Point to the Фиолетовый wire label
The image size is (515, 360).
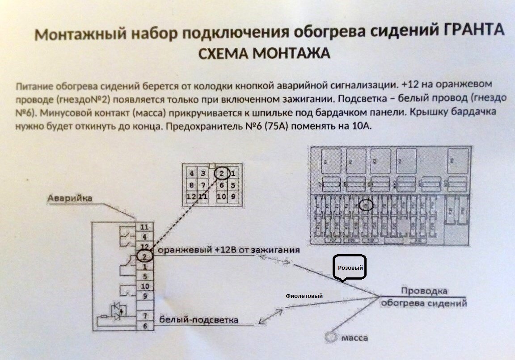[304, 296]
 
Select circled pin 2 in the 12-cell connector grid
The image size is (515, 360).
[222, 173]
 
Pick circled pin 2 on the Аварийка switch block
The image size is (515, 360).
[144, 256]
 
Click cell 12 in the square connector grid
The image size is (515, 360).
[191, 196]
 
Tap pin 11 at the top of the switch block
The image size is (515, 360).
[144, 227]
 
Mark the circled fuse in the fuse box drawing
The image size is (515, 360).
[366, 205]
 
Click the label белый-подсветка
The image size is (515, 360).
[198, 320]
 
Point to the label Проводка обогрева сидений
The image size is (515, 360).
[423, 297]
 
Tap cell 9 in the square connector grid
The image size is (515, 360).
[233, 196]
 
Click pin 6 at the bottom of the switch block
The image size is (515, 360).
[144, 326]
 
